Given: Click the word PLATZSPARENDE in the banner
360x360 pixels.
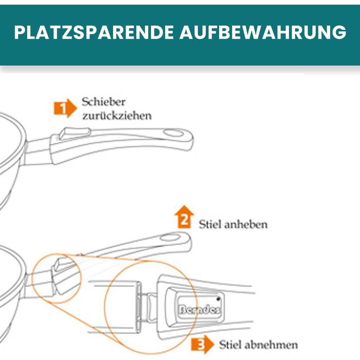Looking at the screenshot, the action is click(x=94, y=32).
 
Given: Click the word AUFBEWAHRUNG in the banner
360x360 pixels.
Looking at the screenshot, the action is click(x=263, y=32).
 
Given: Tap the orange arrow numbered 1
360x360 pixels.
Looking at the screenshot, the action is click(x=65, y=108).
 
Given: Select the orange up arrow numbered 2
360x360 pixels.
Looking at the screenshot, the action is click(x=184, y=217).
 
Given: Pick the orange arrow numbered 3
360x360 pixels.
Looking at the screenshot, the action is click(x=202, y=344).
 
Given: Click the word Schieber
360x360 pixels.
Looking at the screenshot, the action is click(x=103, y=102).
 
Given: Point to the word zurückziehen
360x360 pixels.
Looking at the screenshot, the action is click(x=117, y=116).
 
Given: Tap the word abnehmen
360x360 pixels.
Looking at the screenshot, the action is click(x=271, y=345).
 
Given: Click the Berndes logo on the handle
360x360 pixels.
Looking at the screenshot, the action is click(x=200, y=310).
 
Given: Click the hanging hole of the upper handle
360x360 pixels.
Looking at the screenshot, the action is click(x=173, y=133).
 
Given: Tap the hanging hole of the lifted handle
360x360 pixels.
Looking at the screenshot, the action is click(x=170, y=237).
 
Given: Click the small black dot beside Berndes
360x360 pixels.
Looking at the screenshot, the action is click(x=218, y=299).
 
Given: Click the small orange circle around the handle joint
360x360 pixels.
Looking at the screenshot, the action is click(x=57, y=279).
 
